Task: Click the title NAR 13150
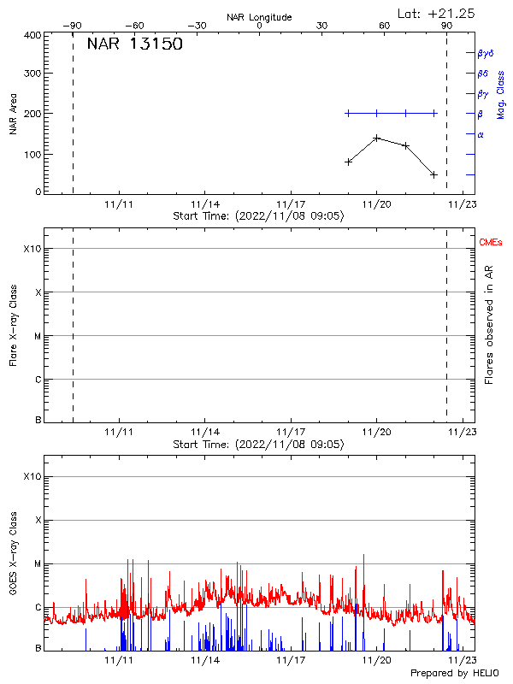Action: click(135, 45)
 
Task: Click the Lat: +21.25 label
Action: click(437, 14)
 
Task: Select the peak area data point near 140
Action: click(376, 138)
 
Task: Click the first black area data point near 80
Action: click(348, 162)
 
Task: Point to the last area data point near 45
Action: click(434, 174)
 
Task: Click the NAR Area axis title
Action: click(14, 114)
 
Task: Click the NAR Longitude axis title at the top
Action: click(259, 17)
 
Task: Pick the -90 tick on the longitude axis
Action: click(74, 26)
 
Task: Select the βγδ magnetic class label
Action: click(485, 53)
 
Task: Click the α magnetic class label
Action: click(481, 134)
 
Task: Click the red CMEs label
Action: click(491, 243)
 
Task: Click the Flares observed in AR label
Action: click(489, 324)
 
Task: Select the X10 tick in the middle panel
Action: click(32, 249)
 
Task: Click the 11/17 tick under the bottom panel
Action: click(291, 660)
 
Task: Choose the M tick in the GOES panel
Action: click(37, 564)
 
